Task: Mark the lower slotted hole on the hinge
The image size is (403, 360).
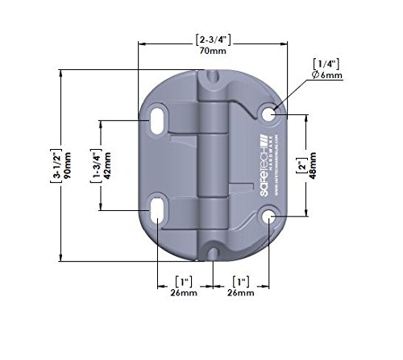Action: [x=159, y=213]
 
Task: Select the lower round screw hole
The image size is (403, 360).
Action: [x=269, y=217]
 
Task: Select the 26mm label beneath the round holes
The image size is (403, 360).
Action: [x=240, y=294]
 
